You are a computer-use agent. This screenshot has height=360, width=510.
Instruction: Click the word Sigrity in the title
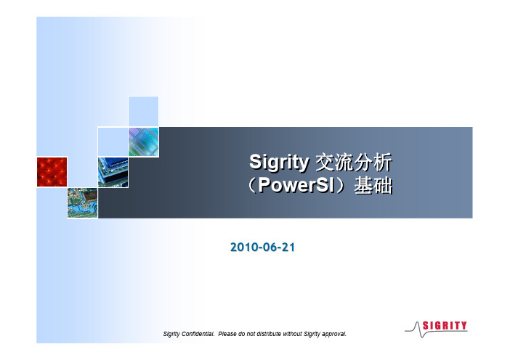(279, 162)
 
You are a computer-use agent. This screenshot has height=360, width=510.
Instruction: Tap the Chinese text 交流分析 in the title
(354, 162)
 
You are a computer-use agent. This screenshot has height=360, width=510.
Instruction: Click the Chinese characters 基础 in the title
(373, 185)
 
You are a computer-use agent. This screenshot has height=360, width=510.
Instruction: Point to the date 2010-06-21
(262, 247)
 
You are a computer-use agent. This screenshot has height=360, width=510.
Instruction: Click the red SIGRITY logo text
(445, 325)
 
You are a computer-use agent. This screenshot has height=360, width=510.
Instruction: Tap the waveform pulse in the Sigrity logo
(418, 330)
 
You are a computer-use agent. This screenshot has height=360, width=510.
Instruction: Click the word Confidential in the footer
(198, 334)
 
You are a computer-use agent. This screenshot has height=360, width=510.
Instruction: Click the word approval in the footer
(334, 335)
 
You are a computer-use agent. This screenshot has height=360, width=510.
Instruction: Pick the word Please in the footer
(227, 334)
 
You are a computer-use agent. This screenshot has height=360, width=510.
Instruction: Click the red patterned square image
(52, 172)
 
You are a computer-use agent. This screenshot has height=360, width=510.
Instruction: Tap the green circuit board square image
(83, 203)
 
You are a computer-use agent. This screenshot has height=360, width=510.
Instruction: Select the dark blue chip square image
(113, 172)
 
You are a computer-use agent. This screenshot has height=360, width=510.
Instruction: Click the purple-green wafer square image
(143, 142)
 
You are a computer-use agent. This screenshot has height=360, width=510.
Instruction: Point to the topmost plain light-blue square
(143, 111)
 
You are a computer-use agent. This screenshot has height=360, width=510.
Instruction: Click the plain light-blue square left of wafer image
(113, 142)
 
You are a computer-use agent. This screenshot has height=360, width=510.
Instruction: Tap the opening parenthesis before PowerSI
(252, 185)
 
